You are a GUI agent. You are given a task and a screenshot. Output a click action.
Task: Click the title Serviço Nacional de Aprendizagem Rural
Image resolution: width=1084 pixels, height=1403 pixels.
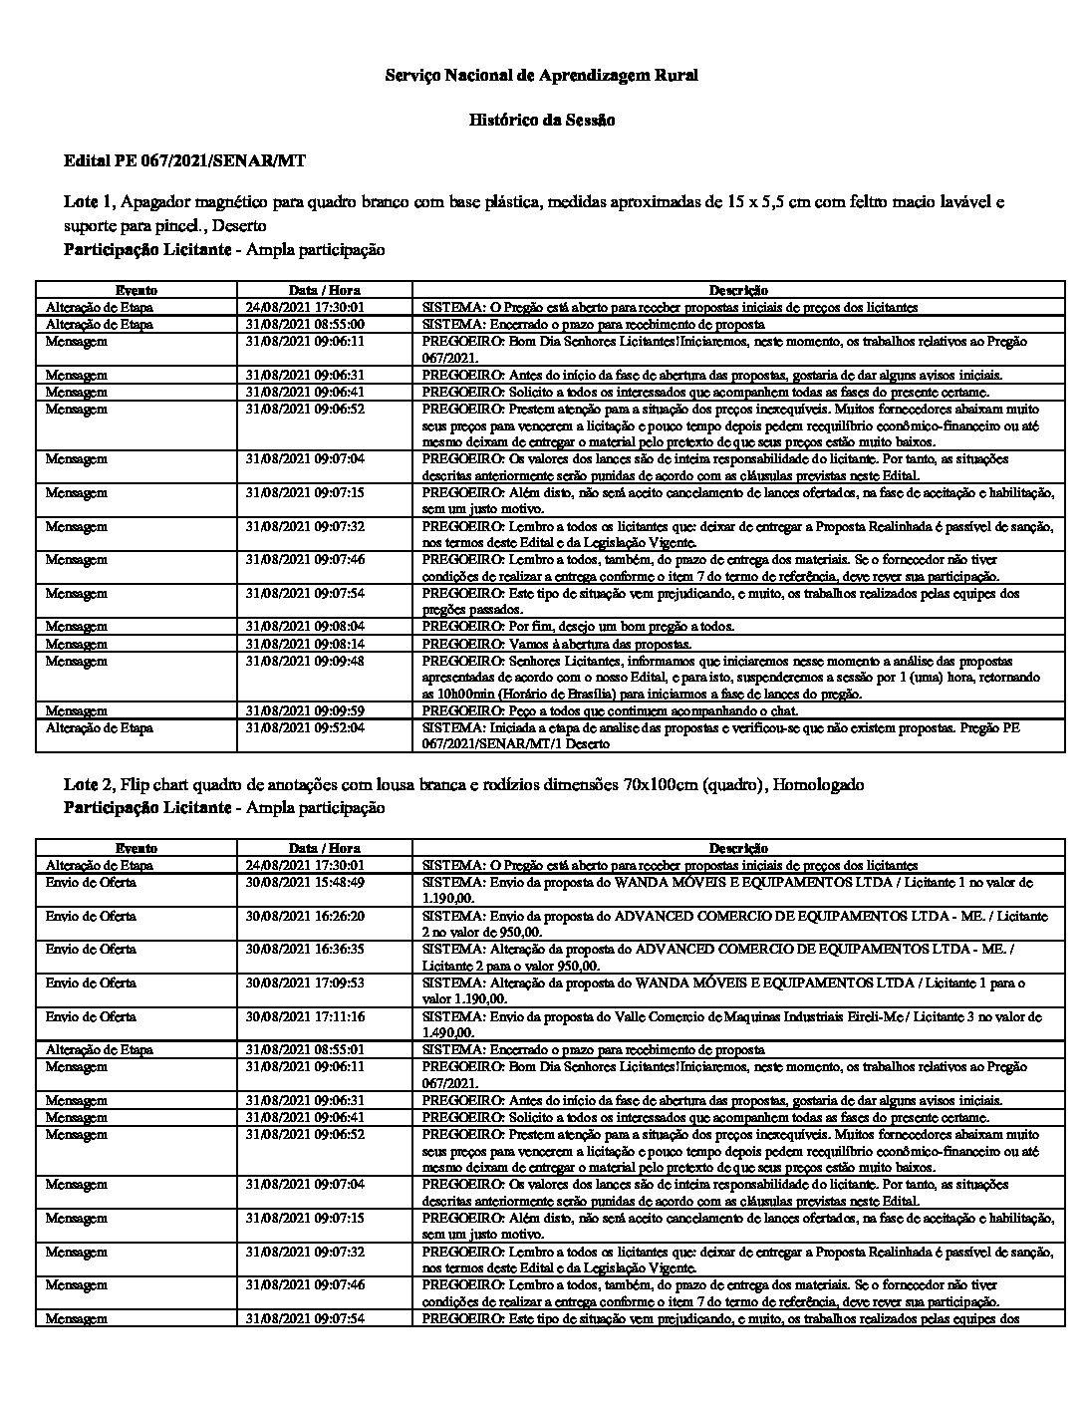coord(541,76)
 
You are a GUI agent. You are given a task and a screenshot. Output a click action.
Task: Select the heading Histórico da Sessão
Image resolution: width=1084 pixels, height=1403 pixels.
coord(541,121)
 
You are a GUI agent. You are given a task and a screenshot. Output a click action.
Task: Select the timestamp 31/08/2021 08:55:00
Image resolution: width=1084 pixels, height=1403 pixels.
coord(305,325)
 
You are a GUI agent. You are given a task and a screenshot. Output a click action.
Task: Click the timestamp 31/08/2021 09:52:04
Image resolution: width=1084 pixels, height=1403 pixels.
coord(305,728)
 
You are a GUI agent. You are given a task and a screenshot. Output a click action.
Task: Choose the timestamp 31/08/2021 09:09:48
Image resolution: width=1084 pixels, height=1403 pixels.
coord(305,661)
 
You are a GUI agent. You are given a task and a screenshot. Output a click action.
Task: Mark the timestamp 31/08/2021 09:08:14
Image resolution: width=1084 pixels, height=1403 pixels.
coord(305,644)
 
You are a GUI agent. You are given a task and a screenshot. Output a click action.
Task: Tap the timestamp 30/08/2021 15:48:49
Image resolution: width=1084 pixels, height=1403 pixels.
coord(305,883)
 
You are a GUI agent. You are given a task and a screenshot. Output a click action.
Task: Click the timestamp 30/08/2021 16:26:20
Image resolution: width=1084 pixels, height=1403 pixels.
coord(305,917)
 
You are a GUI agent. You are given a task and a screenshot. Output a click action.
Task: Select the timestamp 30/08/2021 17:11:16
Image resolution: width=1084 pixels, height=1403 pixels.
coord(305,1017)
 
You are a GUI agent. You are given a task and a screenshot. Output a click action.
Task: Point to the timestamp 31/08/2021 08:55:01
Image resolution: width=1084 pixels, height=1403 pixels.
coord(305,1050)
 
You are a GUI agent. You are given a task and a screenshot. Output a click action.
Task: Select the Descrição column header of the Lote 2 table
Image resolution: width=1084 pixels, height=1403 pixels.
coord(738,848)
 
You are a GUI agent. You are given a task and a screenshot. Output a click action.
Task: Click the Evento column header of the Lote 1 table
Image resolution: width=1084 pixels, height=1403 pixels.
coord(135,290)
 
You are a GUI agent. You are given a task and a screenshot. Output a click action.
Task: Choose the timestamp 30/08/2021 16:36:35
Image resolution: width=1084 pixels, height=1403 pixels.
coord(305,950)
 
